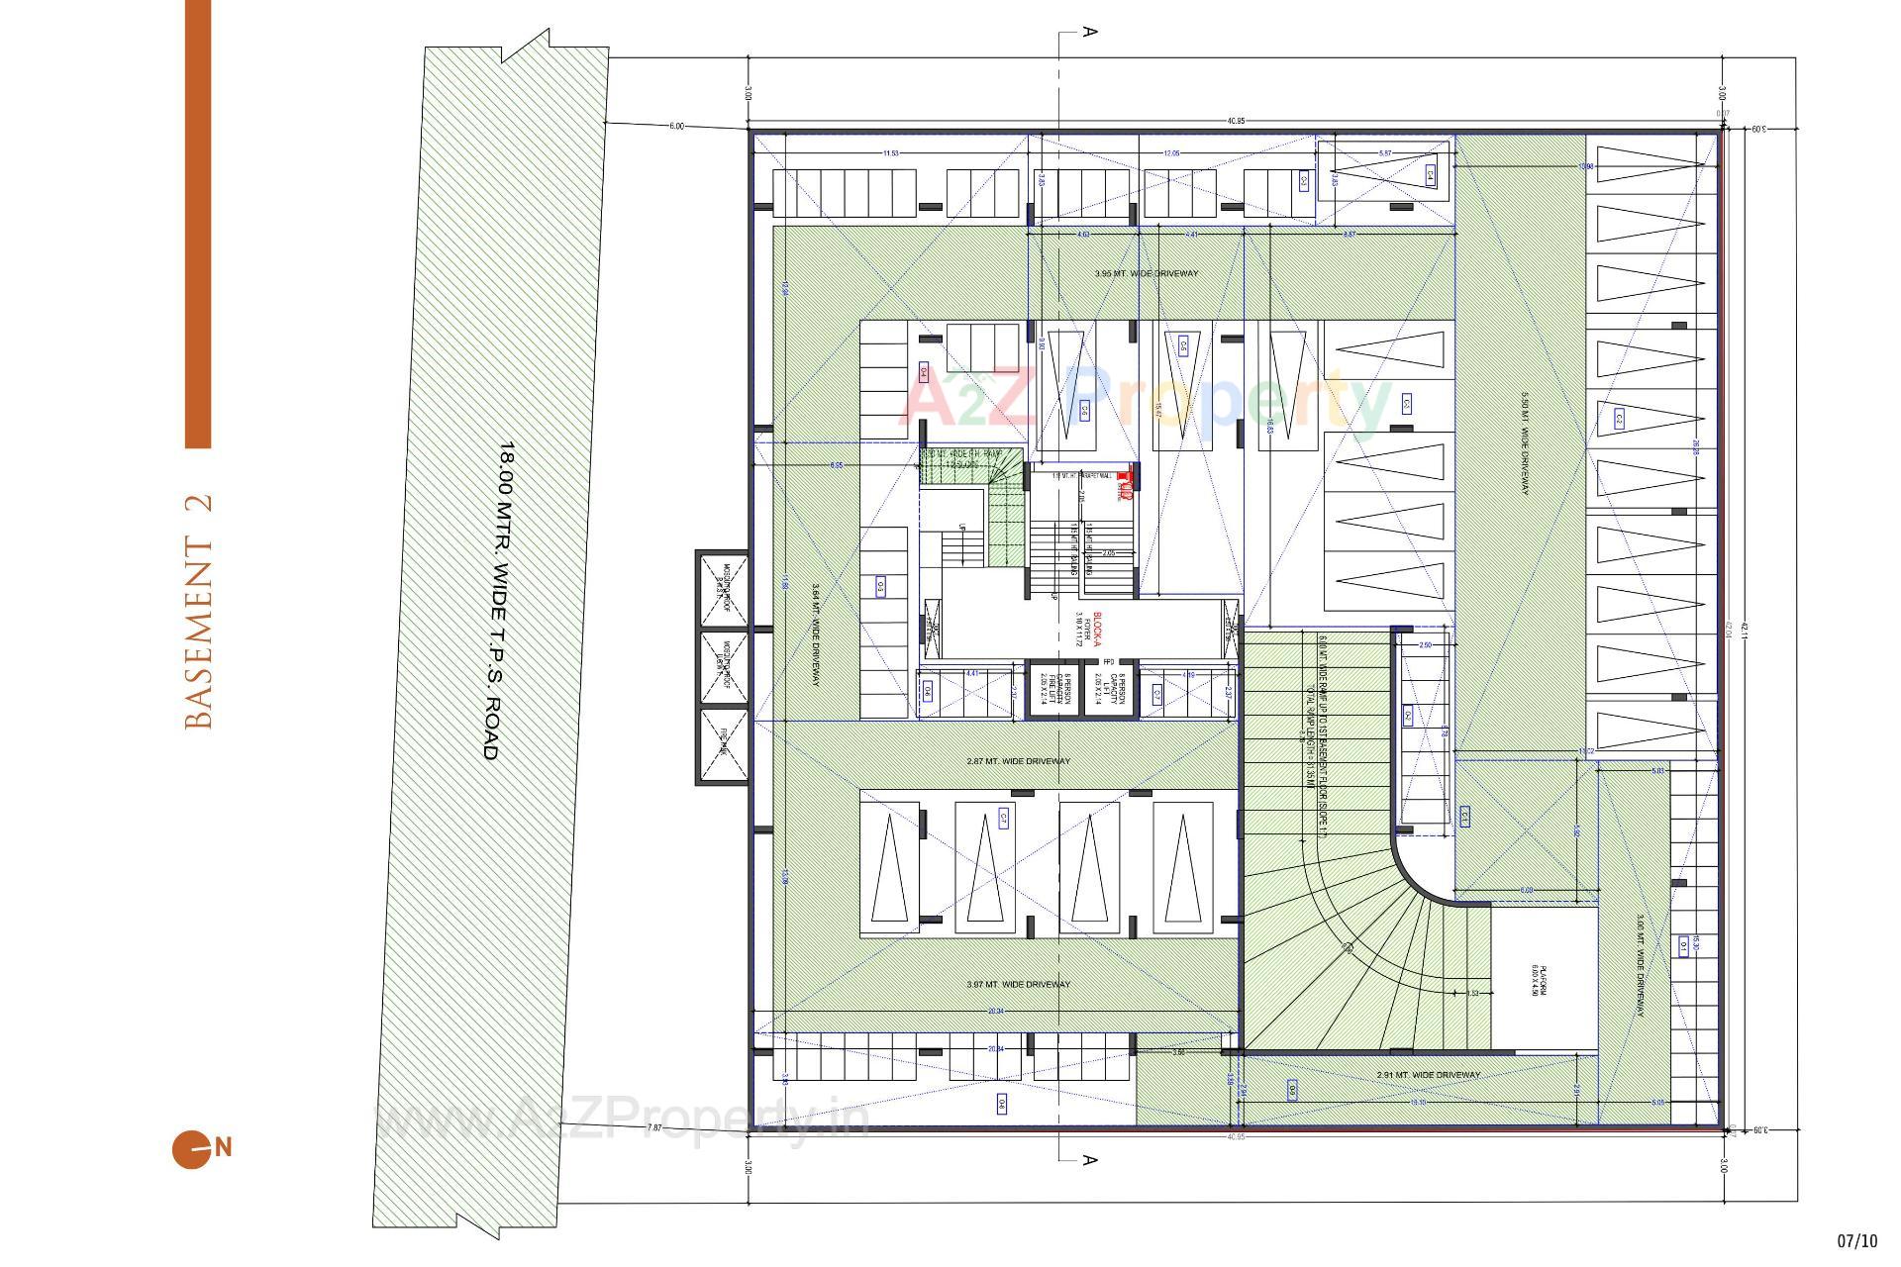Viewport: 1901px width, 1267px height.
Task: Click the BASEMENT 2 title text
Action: point(199,612)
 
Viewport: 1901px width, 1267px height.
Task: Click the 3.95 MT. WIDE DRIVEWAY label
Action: point(1147,273)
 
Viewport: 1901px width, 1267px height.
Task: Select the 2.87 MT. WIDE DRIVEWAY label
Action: point(1018,761)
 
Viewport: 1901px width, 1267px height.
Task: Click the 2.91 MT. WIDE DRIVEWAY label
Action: point(1428,1074)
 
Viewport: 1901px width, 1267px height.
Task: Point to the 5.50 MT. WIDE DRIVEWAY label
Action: point(1526,444)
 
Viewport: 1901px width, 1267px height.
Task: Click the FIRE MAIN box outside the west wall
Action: point(723,744)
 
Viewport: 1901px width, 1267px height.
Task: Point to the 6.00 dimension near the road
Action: point(676,126)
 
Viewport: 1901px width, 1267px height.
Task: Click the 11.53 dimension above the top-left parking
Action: point(891,153)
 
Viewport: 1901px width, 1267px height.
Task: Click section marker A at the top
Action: point(1089,32)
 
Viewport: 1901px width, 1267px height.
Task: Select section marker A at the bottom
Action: point(1089,1159)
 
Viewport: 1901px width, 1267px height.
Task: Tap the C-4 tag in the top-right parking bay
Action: point(1430,175)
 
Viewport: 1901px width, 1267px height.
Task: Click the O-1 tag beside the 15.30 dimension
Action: point(1683,946)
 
